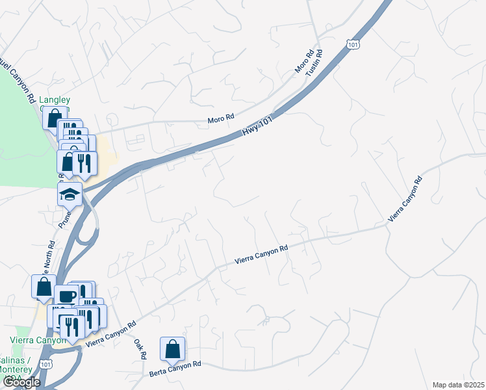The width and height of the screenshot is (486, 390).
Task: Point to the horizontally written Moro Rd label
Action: tap(220, 119)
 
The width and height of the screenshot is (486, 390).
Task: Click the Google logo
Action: tap(21, 382)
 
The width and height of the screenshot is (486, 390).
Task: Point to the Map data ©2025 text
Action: tap(458, 385)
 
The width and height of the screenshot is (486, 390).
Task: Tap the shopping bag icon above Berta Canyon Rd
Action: tap(172, 349)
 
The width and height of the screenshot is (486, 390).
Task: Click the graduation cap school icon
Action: tap(70, 194)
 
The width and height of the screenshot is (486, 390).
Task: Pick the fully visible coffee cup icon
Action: tap(66, 296)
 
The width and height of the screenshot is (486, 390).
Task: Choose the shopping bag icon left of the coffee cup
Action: tap(44, 286)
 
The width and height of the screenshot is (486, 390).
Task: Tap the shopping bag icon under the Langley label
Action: tap(53, 118)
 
